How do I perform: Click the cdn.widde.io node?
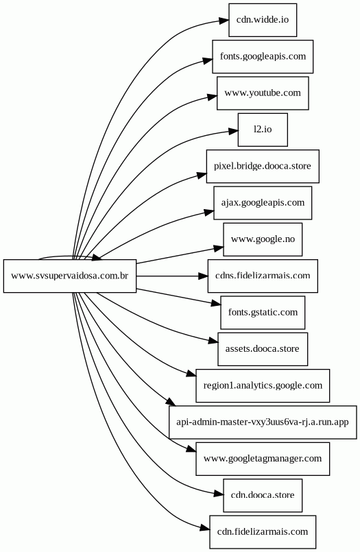point(263,20)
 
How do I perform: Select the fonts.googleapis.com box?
point(263,57)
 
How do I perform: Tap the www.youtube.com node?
point(263,93)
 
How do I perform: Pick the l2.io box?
point(263,130)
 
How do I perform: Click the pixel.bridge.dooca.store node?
point(263,167)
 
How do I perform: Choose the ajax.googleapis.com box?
point(263,203)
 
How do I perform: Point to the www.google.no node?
point(263,240)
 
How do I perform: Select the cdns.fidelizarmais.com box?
point(263,276)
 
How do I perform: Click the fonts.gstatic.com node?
point(263,313)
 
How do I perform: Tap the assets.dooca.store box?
point(263,350)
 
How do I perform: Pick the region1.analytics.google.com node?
point(263,386)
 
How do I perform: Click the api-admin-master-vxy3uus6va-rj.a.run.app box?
point(263,423)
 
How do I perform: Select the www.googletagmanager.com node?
point(263,459)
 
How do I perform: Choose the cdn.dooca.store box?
point(263,496)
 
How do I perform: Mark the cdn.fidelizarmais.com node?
point(263,533)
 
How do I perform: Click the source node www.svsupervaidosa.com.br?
point(70,276)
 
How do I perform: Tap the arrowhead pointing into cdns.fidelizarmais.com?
point(203,276)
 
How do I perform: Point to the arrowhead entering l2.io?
point(233,132)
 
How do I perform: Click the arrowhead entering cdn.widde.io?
point(224,21)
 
